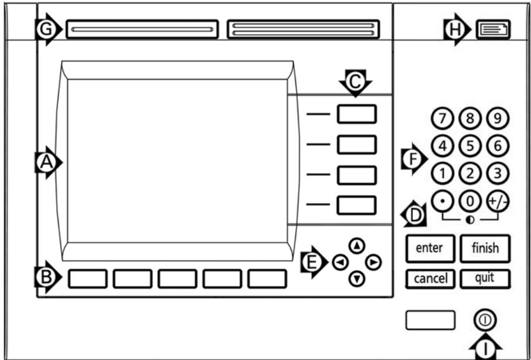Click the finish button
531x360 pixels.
coord(485,248)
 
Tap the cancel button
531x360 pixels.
coord(430,279)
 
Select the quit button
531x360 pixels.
coord(485,279)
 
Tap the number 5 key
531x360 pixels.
coord(469,146)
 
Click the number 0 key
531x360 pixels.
coord(469,202)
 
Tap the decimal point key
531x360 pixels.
coord(442,202)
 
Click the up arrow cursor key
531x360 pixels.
coord(356,246)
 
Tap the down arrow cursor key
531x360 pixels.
coord(356,279)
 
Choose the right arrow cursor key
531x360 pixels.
coord(373,262)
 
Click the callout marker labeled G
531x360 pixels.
coord(48,29)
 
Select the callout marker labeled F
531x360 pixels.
coord(414,159)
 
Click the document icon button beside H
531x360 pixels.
coord(493,29)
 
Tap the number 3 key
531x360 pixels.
coord(498,174)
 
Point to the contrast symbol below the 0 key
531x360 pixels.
coord(469,220)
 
